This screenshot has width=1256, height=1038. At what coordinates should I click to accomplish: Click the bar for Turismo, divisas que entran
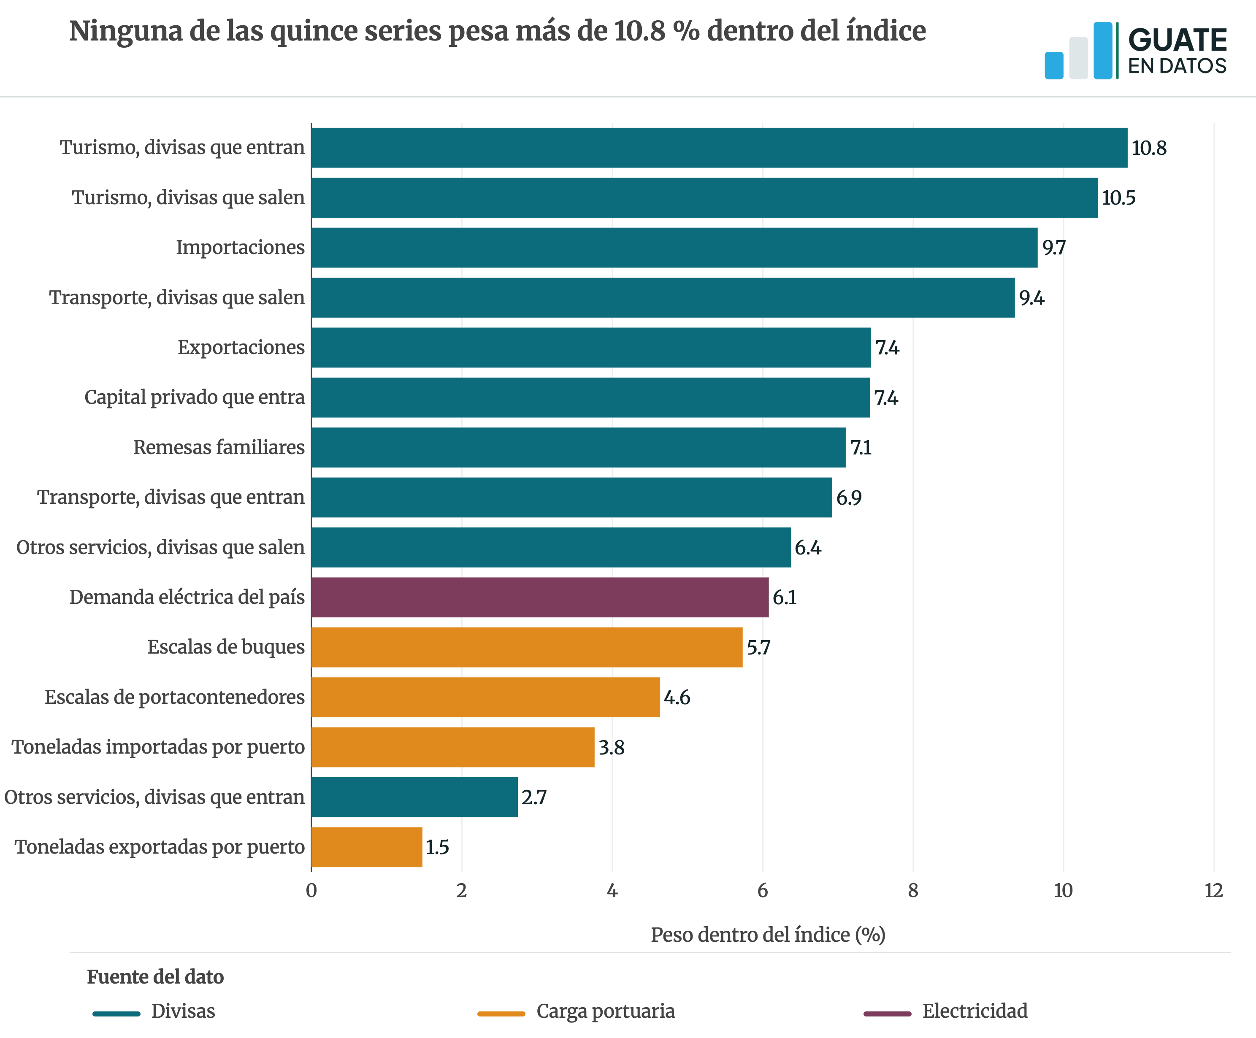tap(719, 148)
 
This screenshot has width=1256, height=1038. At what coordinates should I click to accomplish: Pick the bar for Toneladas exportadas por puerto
tap(367, 847)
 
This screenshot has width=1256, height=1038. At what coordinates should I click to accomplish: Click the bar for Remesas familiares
tap(578, 447)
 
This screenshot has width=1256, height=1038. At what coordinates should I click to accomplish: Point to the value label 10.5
tap(1118, 198)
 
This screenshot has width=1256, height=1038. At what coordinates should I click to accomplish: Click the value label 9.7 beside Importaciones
tap(1054, 248)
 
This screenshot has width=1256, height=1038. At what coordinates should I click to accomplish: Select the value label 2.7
tap(534, 797)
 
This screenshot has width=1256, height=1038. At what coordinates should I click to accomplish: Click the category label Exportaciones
tap(241, 347)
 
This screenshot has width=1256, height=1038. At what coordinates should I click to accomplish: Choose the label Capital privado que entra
tap(195, 397)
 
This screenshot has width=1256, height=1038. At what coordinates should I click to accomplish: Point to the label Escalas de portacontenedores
tap(175, 697)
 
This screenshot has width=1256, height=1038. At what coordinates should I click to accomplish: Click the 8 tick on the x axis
tap(913, 891)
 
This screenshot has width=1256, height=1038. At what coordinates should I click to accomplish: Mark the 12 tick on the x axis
tap(1213, 891)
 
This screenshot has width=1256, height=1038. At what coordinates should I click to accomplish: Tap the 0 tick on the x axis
tap(311, 891)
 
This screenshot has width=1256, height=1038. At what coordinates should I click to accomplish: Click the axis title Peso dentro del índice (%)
tap(768, 935)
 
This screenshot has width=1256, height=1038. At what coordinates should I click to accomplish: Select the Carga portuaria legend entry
tap(577, 1011)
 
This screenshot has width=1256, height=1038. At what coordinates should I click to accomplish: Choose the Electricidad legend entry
tap(946, 1011)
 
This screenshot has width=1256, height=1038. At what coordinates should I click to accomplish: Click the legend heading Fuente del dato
tap(155, 977)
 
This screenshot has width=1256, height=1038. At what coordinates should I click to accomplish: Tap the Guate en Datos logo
tap(1136, 51)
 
